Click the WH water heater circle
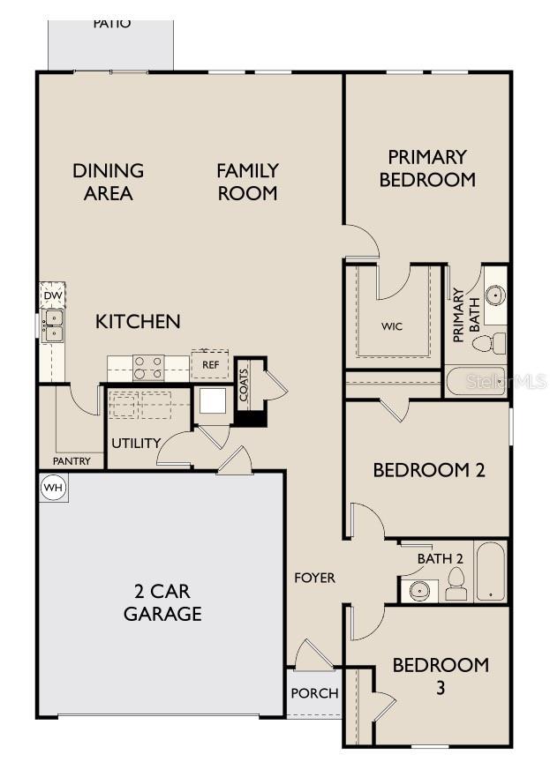(x=53, y=488)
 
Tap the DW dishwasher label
(x=52, y=295)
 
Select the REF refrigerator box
(x=210, y=364)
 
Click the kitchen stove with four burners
(x=148, y=367)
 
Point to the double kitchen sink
(x=53, y=325)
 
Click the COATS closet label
(x=245, y=385)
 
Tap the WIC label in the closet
(x=393, y=326)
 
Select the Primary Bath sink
(x=495, y=295)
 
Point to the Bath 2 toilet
(x=456, y=583)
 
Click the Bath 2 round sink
(x=418, y=590)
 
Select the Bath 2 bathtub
(x=490, y=571)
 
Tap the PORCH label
(x=314, y=693)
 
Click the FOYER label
(x=314, y=578)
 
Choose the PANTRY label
(x=72, y=461)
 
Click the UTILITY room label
(x=135, y=443)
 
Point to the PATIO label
(x=111, y=24)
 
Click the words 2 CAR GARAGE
(x=162, y=602)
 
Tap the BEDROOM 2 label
(x=429, y=470)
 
